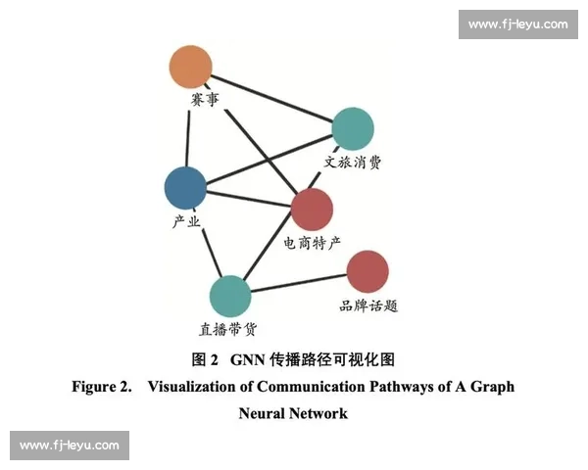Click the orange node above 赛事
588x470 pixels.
[190, 67]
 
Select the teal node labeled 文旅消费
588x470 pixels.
[353, 128]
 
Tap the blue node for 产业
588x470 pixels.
[185, 187]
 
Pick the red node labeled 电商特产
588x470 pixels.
[313, 209]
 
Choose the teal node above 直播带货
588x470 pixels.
[230, 296]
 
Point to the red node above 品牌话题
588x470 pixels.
[367, 271]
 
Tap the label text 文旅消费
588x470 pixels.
[353, 162]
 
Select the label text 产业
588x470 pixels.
[185, 221]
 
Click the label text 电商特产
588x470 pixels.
[312, 242]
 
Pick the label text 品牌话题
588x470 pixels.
[367, 305]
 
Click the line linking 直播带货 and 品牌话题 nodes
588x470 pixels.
[299, 283]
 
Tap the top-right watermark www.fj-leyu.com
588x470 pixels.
[517, 23]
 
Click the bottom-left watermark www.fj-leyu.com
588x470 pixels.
[70, 446]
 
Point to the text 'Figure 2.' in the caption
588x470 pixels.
[102, 387]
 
